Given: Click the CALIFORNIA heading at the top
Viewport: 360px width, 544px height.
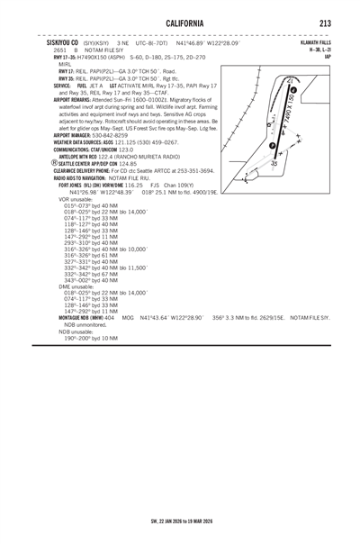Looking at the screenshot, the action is tap(179, 23).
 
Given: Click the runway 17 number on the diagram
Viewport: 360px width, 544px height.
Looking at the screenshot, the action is tap(289, 82).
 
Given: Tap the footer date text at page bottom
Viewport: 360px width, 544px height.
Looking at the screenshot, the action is tap(179, 521).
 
